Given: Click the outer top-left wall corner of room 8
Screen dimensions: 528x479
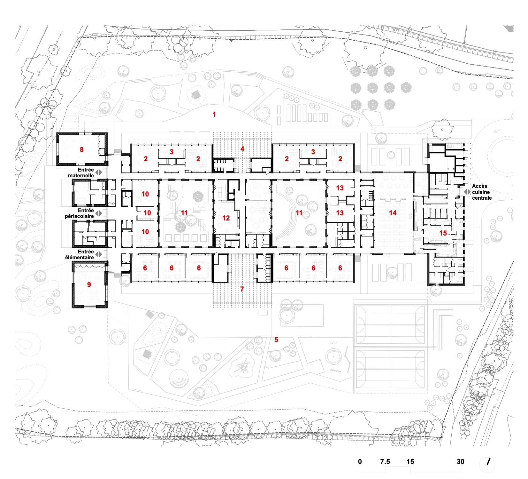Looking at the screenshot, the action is (x=57, y=133).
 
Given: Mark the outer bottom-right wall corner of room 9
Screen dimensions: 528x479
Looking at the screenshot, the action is (x=107, y=308).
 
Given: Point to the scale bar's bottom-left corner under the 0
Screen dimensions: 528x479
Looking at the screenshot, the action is (x=360, y=473).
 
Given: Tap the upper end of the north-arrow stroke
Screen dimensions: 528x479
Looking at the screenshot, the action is (x=490, y=459).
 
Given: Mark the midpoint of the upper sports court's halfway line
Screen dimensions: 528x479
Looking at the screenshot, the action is (x=390, y=325).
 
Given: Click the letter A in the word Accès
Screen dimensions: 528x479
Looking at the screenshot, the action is (x=474, y=186).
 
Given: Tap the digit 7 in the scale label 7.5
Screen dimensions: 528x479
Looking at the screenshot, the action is (x=382, y=461).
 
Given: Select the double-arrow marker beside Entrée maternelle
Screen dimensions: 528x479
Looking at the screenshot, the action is (x=99, y=172).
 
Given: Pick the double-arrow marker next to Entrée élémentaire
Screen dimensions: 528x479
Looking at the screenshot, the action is (x=99, y=254).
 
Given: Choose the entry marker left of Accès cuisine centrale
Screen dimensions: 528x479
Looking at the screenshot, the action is (x=467, y=192).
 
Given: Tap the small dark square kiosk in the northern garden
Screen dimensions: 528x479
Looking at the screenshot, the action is (x=195, y=94).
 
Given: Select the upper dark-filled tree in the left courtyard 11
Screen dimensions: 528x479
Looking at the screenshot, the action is (x=198, y=196).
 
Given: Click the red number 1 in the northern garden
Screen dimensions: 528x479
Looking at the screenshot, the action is (x=214, y=114).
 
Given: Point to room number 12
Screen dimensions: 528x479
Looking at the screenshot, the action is (x=226, y=218).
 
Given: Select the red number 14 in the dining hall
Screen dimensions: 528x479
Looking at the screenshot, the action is (x=393, y=213).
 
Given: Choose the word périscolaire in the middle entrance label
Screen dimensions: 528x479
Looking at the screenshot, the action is (x=79, y=216).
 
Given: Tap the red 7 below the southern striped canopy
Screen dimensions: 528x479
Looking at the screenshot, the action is (x=242, y=289).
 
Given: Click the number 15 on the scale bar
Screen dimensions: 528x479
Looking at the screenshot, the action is (x=410, y=461).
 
